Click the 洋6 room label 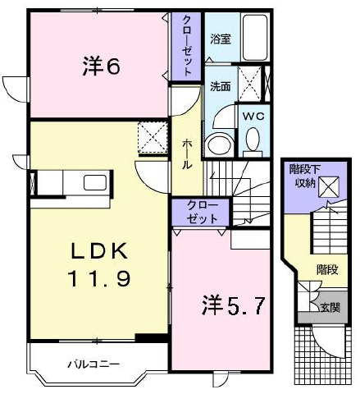tap(101, 66)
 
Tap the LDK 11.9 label tap(100, 264)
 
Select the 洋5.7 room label tap(233, 306)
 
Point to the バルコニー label tap(93, 364)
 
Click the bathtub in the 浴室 tap(255, 38)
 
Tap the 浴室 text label tap(221, 39)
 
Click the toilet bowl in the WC tap(253, 141)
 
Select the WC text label tap(253, 117)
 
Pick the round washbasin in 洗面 tap(219, 144)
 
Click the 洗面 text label tap(221, 86)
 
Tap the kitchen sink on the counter tap(95, 182)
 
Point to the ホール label tap(187, 154)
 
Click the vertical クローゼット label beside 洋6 tap(187, 46)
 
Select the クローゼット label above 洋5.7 tap(202, 212)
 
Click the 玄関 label tap(330, 308)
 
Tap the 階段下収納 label tap(305, 176)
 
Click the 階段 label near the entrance tap(328, 270)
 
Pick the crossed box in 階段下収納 tap(329, 186)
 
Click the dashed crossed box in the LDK tap(153, 137)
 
